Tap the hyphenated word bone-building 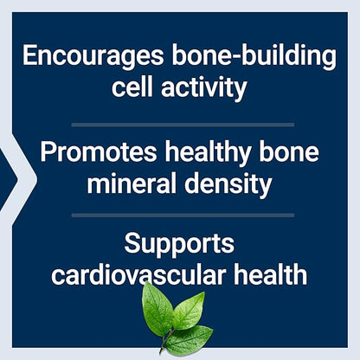pos(257,58)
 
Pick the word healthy pos(207,154)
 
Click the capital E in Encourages pos(32,58)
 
